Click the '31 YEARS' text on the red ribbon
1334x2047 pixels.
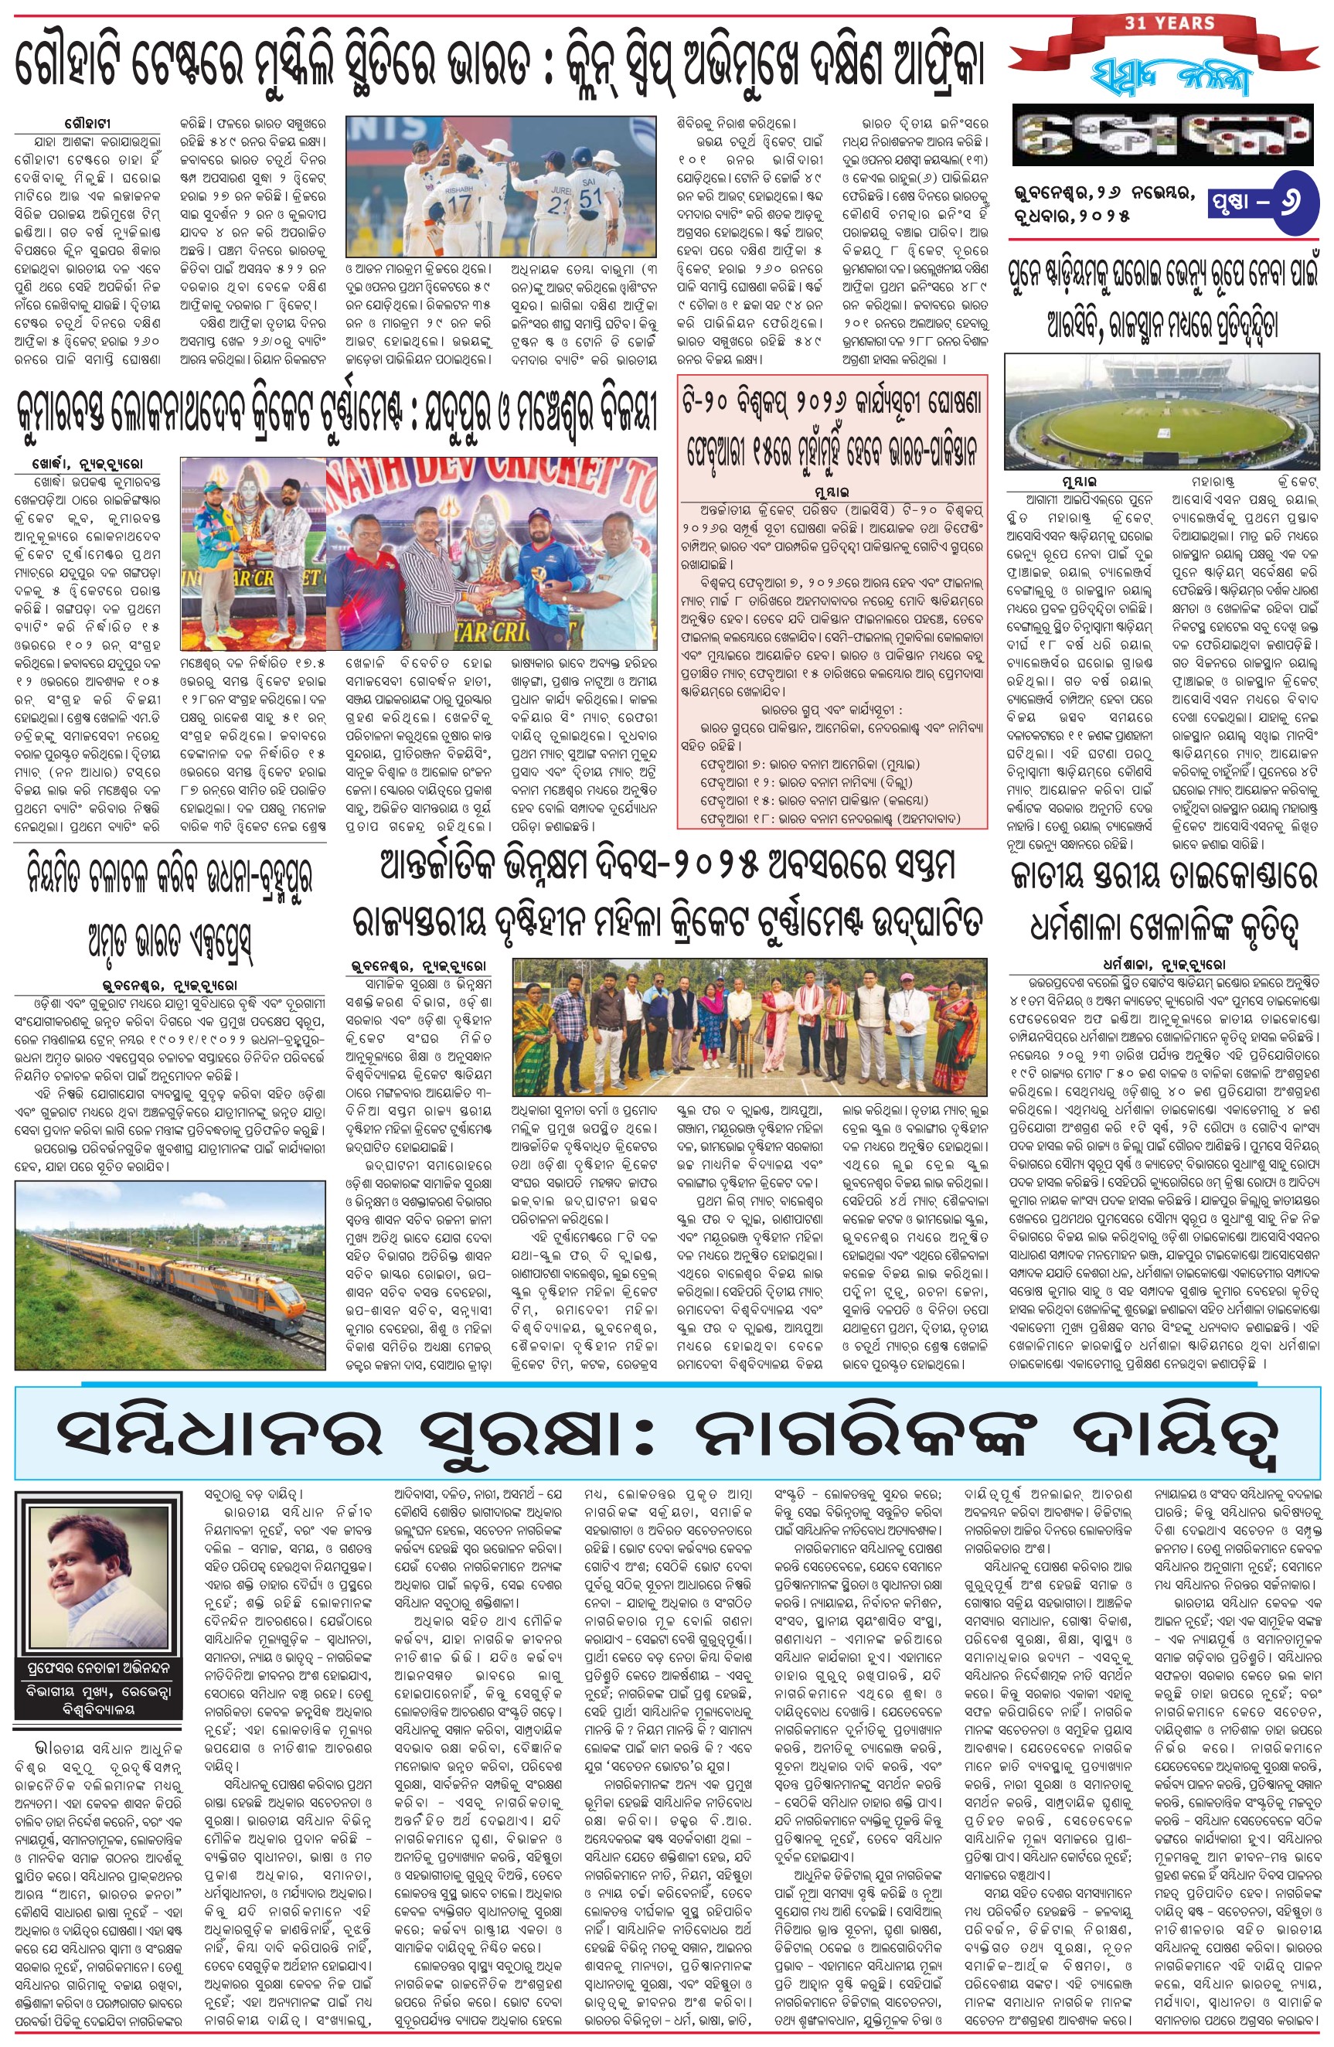(1169, 23)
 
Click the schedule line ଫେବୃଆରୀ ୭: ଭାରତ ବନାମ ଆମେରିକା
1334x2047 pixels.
(798, 764)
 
